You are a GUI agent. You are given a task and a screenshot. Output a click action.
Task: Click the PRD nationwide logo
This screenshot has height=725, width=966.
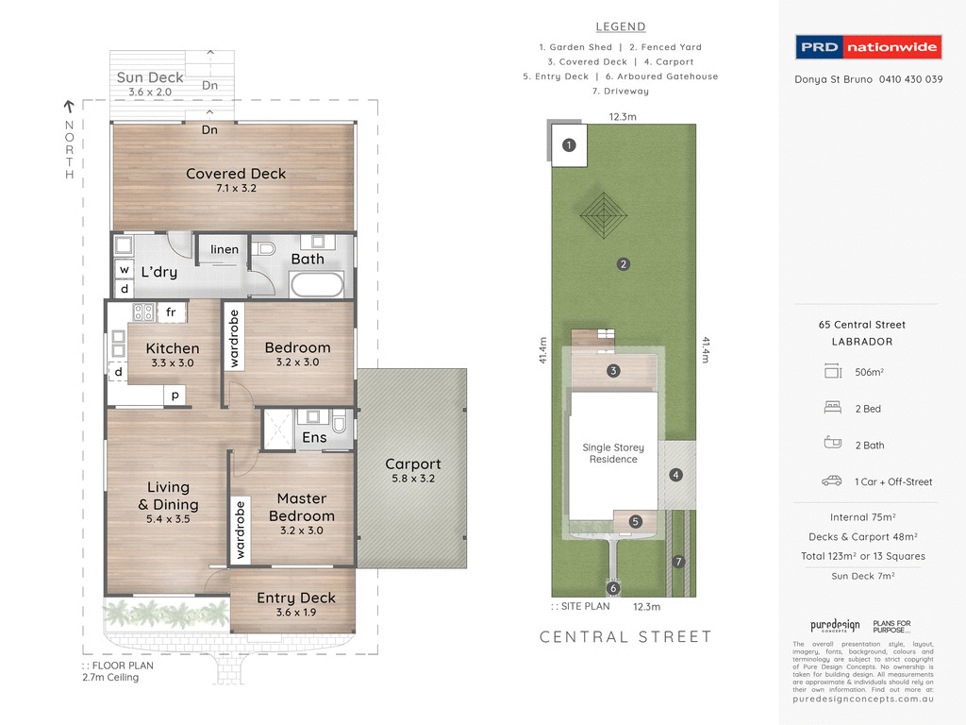pos(867,47)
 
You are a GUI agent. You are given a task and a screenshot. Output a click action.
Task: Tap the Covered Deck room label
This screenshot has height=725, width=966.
pos(236,174)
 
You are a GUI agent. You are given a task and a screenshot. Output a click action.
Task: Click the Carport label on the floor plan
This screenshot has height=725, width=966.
pos(412,464)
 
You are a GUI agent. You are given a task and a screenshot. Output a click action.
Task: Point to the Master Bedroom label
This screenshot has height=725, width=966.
pos(301,507)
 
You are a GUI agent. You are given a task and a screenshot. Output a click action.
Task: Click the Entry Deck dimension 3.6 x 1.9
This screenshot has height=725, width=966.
pos(295,615)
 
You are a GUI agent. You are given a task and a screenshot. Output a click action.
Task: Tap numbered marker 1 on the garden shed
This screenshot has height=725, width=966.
pos(568,145)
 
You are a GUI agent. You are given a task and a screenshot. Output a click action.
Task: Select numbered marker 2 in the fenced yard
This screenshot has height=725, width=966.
pos(623,264)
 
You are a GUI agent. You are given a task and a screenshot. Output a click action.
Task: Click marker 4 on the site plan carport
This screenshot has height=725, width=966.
pos(675,475)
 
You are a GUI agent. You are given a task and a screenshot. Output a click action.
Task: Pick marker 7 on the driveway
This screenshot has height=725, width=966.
pos(677,562)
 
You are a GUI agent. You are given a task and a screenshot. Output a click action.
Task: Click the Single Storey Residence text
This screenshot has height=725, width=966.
pos(613,453)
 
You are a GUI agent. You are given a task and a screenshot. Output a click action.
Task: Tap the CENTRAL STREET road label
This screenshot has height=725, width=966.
pos(625,637)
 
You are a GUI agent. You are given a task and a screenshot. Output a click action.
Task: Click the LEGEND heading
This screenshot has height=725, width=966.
pos(621,26)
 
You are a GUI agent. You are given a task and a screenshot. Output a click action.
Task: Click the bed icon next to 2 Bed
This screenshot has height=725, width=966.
pos(832,409)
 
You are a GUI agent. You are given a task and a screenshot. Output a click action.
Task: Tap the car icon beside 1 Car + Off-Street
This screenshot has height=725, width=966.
pos(831,481)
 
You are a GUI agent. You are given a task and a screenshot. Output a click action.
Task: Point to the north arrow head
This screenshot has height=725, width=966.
pos(69,107)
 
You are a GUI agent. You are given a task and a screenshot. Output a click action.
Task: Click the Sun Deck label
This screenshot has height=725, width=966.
pos(150,77)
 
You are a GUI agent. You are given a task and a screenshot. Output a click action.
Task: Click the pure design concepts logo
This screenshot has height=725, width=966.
pos(835,626)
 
